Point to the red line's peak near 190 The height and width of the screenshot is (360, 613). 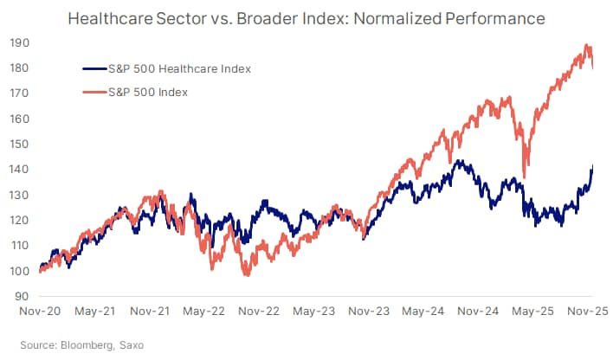click(x=588, y=46)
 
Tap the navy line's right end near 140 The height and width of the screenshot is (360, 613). click(x=592, y=167)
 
